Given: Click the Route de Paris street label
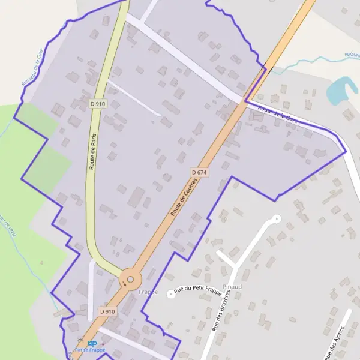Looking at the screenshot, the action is [93, 152].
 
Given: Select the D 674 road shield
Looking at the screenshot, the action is [199, 172].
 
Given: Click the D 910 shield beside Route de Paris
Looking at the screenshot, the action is [98, 103].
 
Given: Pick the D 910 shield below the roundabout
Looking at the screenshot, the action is [107, 311].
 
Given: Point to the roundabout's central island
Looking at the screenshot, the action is [130, 278].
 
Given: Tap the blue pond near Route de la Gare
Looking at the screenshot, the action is [340, 89].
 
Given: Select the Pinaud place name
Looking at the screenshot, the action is [232, 287].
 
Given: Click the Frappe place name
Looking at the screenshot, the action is [148, 292].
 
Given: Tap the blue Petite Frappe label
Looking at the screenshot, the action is [89, 350].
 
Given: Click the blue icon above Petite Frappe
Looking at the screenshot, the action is [92, 344].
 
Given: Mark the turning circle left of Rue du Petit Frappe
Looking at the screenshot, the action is [170, 295].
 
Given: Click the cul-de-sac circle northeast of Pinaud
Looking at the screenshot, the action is [276, 218].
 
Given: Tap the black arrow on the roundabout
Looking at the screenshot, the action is [125, 284].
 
